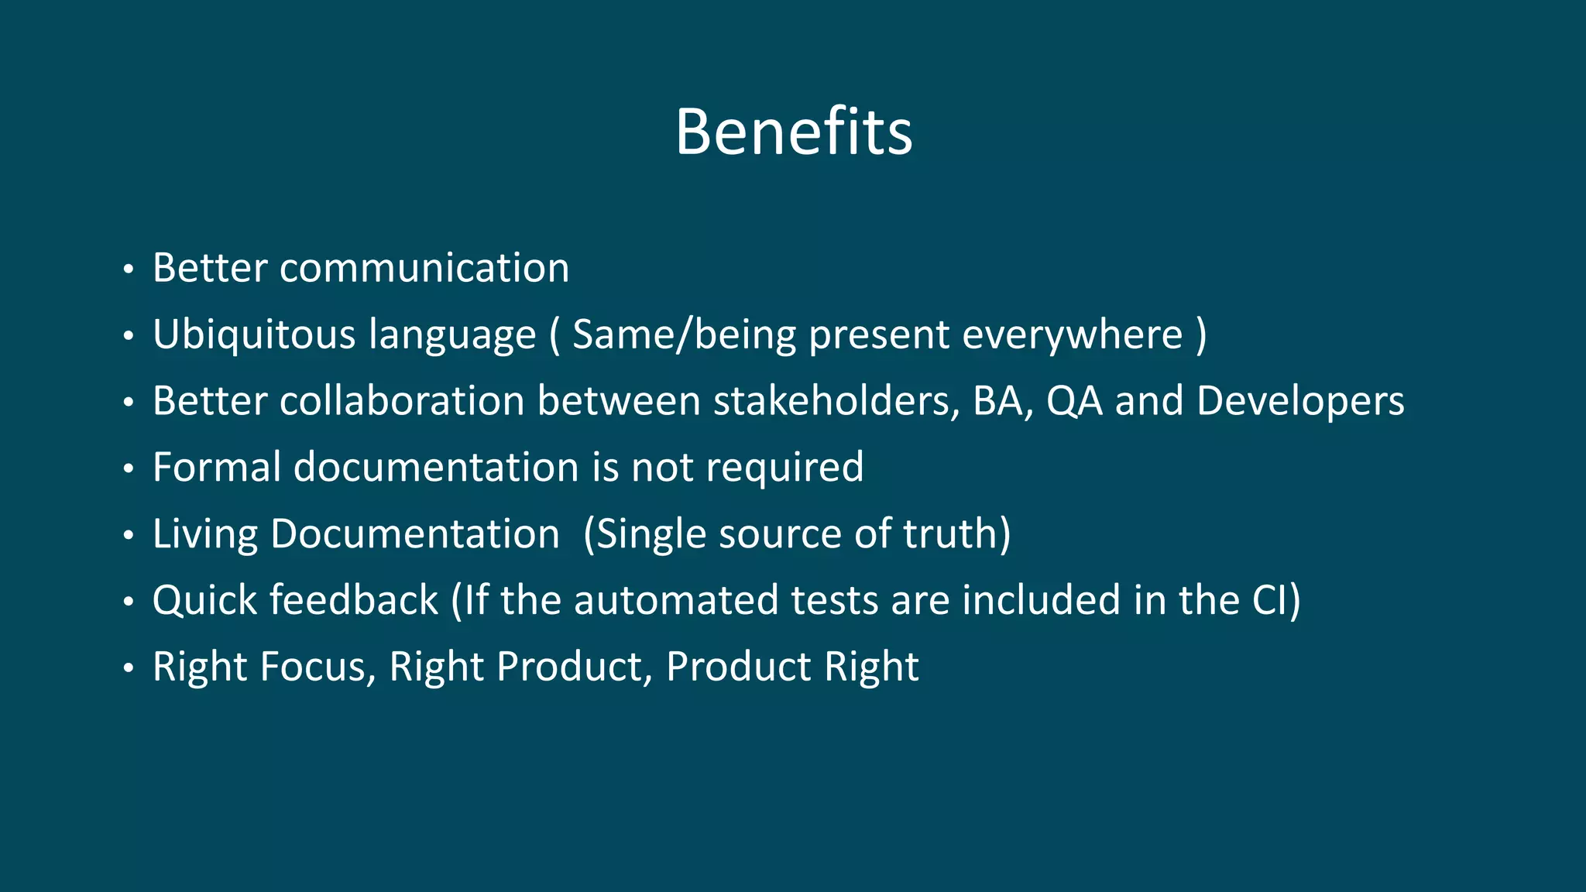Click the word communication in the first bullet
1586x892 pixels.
[424, 269]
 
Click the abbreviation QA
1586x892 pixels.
[1074, 401]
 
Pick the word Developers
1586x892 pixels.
[1299, 401]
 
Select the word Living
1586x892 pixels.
[205, 534]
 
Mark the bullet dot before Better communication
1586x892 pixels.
[129, 270]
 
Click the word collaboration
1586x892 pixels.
[402, 401]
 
